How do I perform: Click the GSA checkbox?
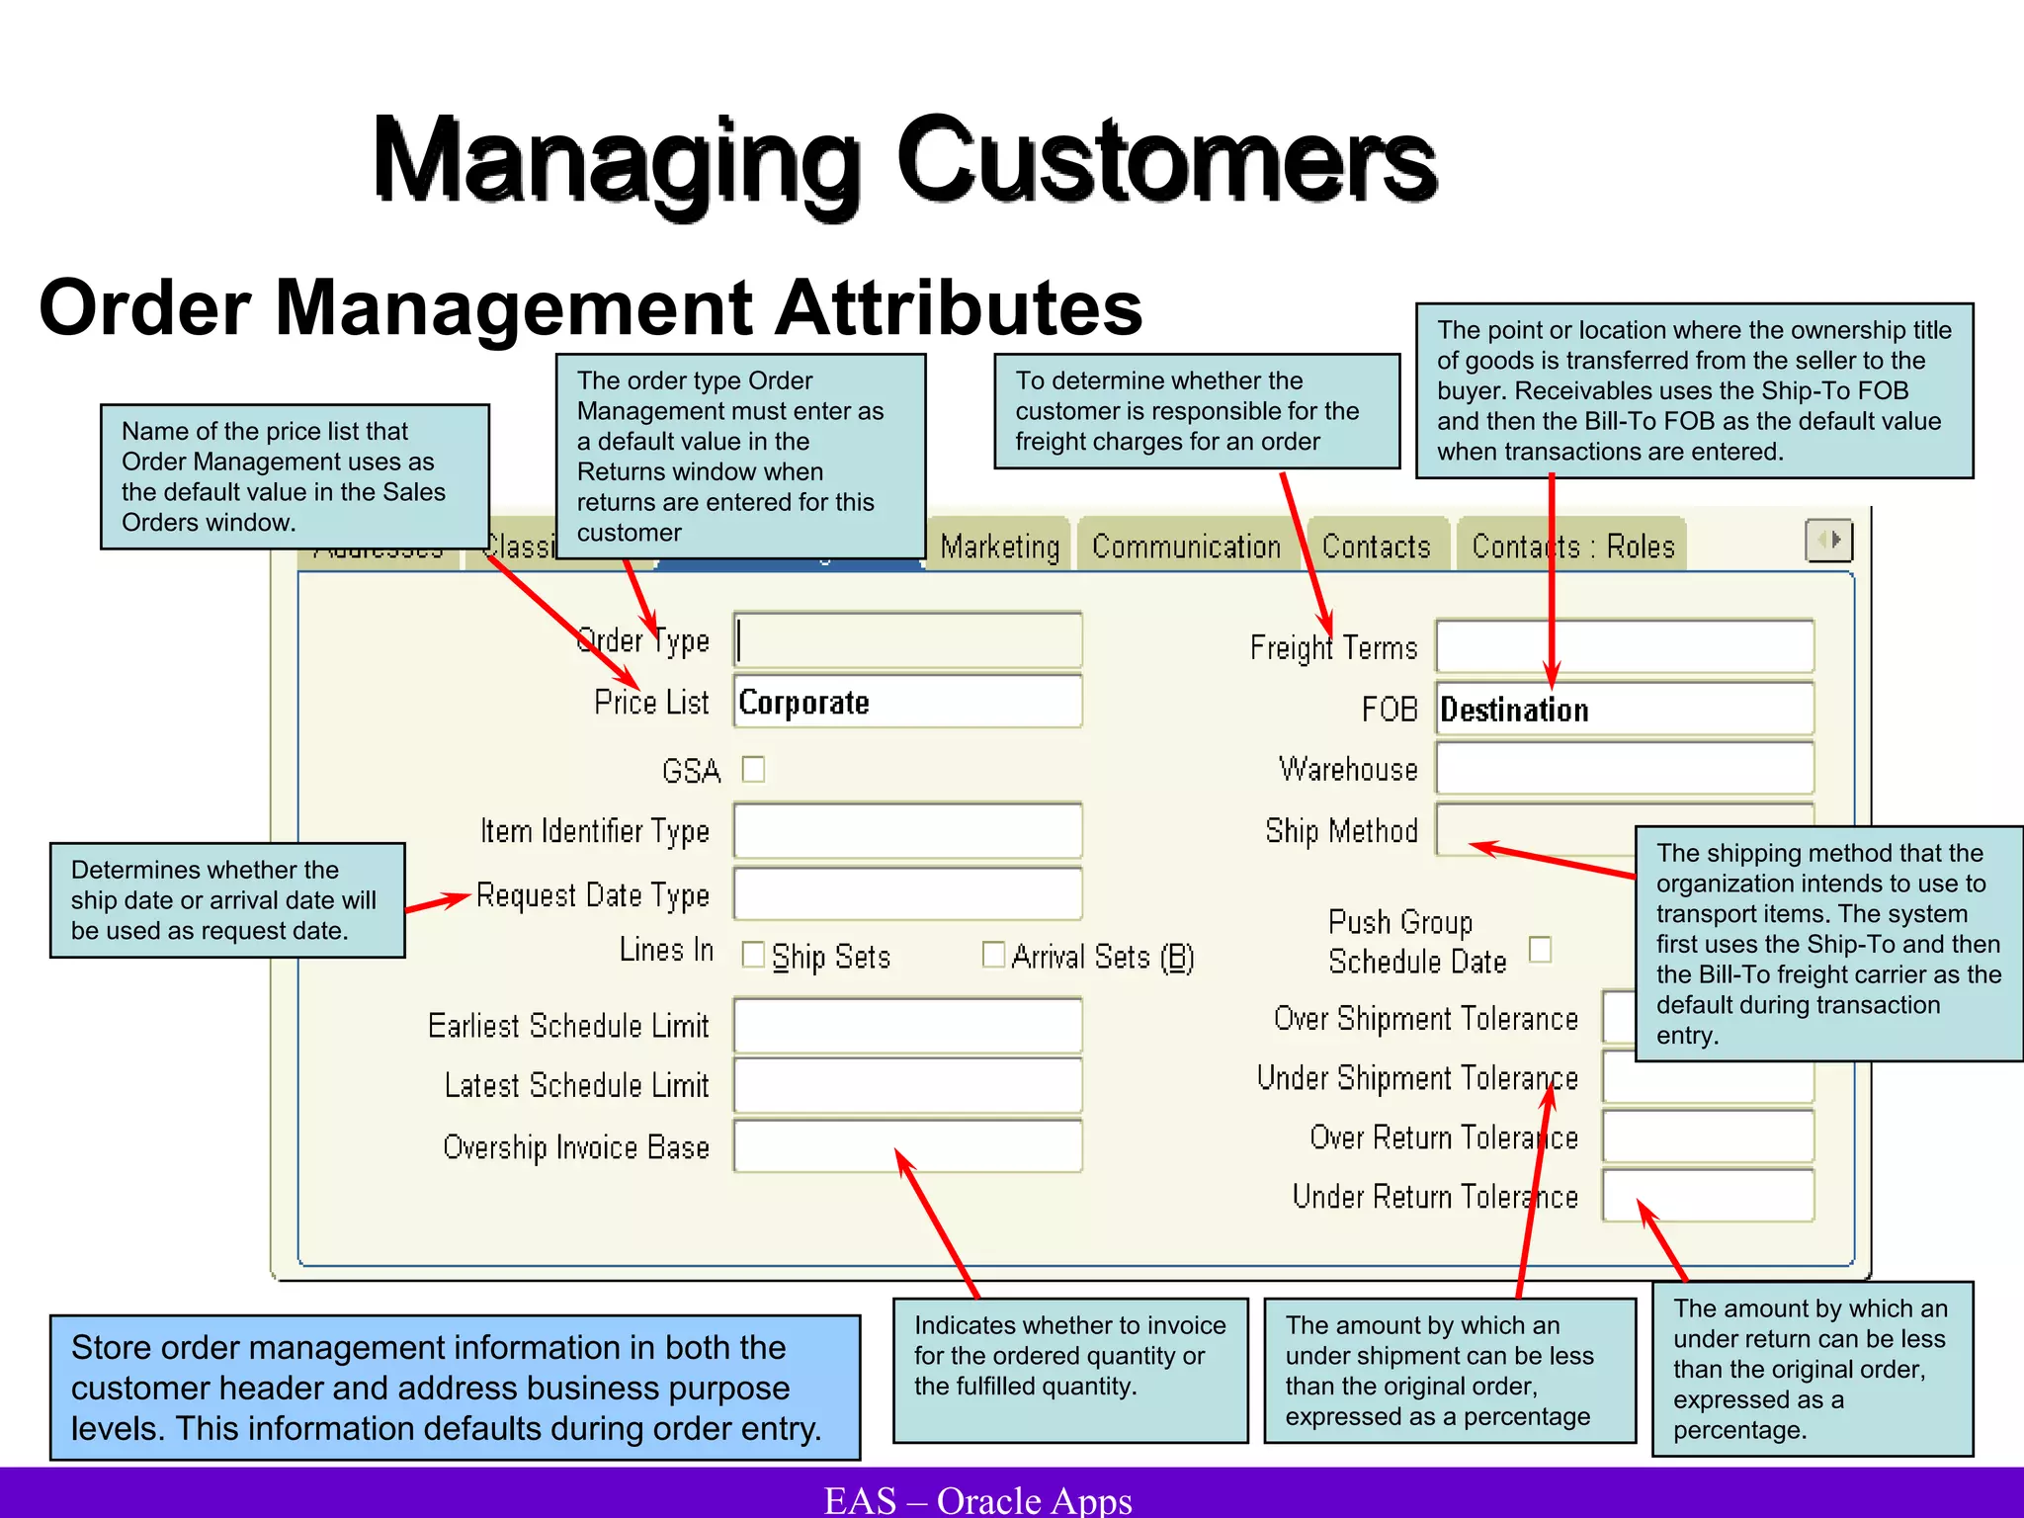point(753,769)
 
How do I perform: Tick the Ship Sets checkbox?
point(753,956)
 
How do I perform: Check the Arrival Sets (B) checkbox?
point(993,955)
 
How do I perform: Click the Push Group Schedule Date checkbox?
point(1540,949)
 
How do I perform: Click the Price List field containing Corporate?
point(907,702)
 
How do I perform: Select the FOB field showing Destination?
point(1624,709)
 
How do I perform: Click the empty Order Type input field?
point(907,640)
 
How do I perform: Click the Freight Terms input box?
point(1624,647)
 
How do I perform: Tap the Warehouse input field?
point(1624,769)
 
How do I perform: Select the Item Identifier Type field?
point(907,831)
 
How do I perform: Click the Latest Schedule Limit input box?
point(907,1085)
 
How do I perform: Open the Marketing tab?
point(999,547)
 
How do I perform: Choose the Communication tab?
point(1186,547)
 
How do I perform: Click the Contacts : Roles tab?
point(1572,547)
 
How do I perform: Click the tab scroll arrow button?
point(1828,541)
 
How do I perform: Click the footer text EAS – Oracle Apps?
point(977,1499)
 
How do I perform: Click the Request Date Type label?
point(593,895)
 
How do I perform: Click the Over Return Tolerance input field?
point(1707,1137)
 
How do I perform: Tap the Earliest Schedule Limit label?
point(568,1026)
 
